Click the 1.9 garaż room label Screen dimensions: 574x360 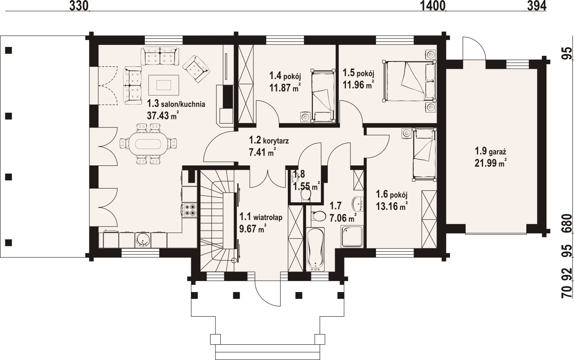tap(490, 152)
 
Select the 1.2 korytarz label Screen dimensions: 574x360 tap(269, 140)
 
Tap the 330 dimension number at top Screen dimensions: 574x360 tap(79, 6)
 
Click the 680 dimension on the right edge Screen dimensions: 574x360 tap(568, 223)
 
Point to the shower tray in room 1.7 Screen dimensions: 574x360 tap(352, 236)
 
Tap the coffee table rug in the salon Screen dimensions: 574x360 tap(163, 85)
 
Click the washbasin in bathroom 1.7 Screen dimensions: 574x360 tap(358, 204)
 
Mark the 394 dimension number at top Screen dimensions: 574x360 tap(536, 6)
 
